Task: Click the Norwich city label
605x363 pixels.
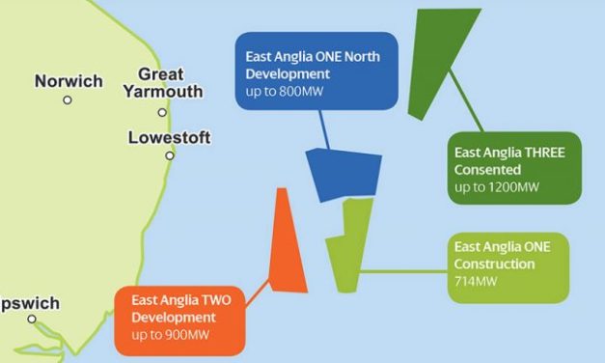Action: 68,81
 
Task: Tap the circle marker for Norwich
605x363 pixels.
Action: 68,99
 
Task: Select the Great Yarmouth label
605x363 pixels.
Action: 162,83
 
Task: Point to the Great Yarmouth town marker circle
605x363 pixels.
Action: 162,112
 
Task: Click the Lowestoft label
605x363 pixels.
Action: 168,138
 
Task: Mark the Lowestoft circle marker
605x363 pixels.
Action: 170,155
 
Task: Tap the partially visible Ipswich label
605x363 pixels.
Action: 29,303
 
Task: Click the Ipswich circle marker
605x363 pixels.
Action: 31,319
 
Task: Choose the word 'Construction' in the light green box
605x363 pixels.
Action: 494,264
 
